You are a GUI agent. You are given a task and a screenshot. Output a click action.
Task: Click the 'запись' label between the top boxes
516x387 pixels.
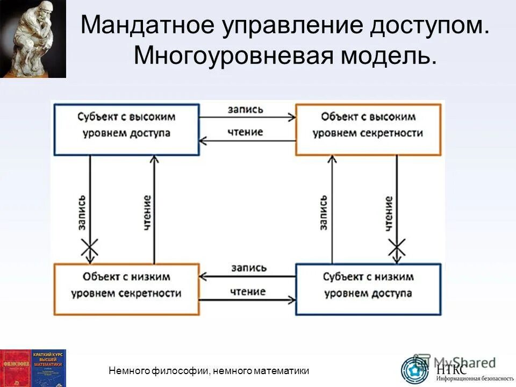(246, 109)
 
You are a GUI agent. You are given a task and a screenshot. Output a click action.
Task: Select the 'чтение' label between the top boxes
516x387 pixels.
(246, 132)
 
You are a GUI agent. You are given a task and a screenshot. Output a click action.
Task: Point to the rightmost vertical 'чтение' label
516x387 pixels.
(389, 213)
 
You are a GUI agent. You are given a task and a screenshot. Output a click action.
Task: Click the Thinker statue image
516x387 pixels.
(33, 39)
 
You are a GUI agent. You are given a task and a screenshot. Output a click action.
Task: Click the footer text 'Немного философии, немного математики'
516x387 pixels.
(209, 370)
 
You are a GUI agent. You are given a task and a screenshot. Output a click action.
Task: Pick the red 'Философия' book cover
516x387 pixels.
(16, 368)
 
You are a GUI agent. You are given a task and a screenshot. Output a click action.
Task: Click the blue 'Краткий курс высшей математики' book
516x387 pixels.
(49, 368)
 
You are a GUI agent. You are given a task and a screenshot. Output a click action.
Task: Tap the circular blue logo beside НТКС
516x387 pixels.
(415, 370)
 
